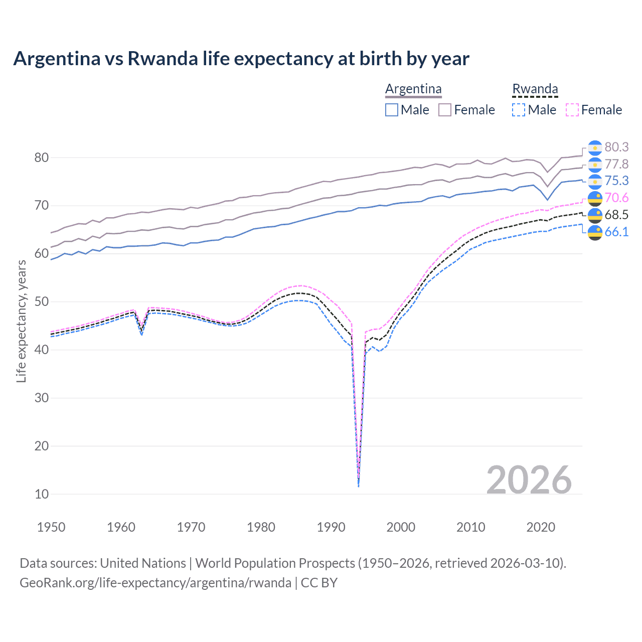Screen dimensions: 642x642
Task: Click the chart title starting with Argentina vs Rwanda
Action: [x=241, y=59]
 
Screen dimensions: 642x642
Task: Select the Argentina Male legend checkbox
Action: [x=392, y=110]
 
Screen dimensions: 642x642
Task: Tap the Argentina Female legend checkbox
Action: [x=445, y=110]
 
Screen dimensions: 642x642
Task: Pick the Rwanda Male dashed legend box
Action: [x=519, y=110]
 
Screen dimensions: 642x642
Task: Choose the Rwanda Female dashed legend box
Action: [x=572, y=110]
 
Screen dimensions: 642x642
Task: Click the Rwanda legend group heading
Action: [x=535, y=89]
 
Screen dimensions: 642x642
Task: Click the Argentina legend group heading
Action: [x=413, y=89]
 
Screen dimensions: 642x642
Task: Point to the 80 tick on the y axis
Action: [x=42, y=157]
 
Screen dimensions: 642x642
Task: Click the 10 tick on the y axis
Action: [x=42, y=494]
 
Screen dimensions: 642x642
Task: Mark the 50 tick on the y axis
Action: [x=42, y=302]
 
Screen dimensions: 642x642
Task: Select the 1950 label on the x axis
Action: [x=51, y=527]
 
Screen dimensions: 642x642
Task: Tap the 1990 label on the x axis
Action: [x=331, y=527]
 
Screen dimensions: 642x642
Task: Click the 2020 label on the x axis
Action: [x=541, y=527]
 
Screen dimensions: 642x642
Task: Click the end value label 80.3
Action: [x=616, y=147]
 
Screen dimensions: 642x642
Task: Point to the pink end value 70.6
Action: [x=616, y=198]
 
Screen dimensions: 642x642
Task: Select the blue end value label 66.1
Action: [x=616, y=232]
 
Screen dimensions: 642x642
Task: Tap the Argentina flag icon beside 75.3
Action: [x=595, y=182]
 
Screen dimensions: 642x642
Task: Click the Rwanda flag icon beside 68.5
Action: [x=595, y=216]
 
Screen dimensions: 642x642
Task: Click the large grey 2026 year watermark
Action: [x=529, y=480]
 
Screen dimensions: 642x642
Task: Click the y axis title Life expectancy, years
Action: [x=21, y=321]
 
